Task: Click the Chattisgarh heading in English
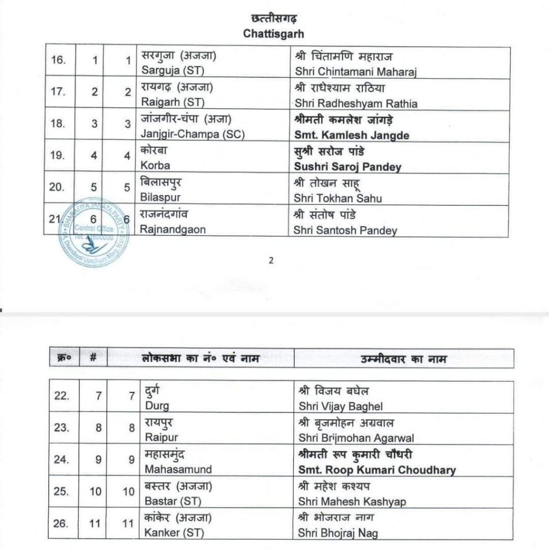tap(273, 34)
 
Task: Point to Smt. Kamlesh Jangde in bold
tap(351, 136)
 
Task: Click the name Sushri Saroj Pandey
tap(347, 167)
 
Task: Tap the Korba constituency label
tap(155, 167)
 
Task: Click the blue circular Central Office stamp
tap(94, 236)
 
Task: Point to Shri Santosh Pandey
tap(345, 231)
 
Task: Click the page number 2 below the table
tap(271, 262)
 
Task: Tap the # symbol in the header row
tap(93, 358)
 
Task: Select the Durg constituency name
tap(155, 406)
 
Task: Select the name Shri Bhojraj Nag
tap(336, 533)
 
